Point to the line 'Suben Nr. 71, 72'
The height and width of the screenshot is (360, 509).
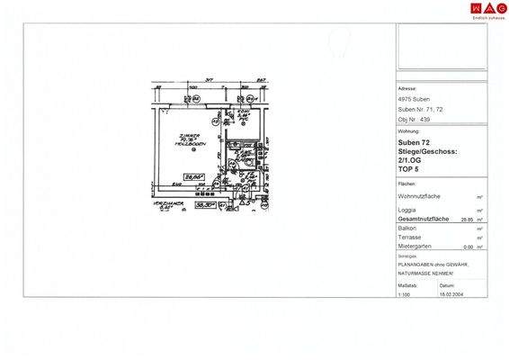pyautogui.click(x=419, y=109)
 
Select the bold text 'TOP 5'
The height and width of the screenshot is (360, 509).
pyautogui.click(x=409, y=168)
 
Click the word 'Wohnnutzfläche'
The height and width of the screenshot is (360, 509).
pyautogui.click(x=419, y=195)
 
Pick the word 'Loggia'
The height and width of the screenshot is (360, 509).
pyautogui.click(x=406, y=211)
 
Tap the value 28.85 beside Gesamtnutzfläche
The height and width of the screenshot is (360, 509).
pyautogui.click(x=467, y=219)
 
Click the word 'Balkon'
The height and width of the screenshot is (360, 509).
pyautogui.click(x=406, y=229)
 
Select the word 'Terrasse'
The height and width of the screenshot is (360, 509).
pyautogui.click(x=408, y=238)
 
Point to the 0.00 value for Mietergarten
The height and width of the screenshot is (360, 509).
pyautogui.click(x=467, y=247)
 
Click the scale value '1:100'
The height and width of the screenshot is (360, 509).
pyautogui.click(x=404, y=293)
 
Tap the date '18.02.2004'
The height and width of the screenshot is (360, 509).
pyautogui.click(x=451, y=293)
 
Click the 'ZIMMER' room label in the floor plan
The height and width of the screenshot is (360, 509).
pyautogui.click(x=187, y=136)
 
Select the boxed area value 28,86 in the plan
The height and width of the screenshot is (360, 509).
pyautogui.click(x=192, y=178)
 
